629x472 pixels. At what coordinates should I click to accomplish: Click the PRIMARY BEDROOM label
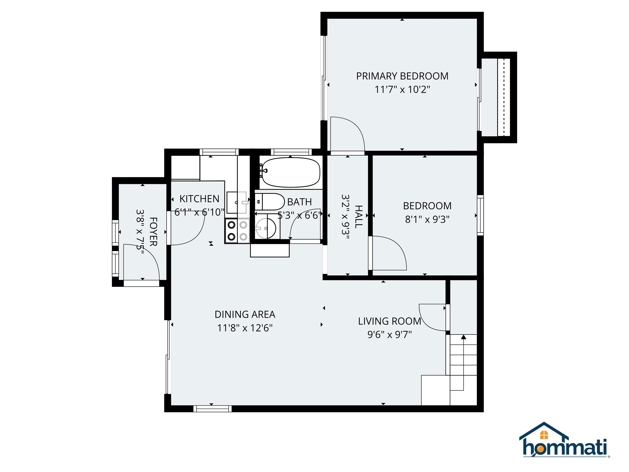click(x=402, y=76)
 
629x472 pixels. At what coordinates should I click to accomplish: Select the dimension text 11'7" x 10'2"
click(x=402, y=90)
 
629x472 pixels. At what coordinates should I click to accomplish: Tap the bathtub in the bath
click(x=291, y=172)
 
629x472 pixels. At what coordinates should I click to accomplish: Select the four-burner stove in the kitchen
click(x=237, y=231)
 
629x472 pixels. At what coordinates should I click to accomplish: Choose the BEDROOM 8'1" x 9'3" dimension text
click(x=427, y=219)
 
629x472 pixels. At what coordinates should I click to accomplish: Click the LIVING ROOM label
click(x=389, y=321)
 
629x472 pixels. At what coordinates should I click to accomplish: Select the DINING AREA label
click(x=245, y=314)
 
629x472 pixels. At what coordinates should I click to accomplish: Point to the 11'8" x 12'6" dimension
click(x=245, y=328)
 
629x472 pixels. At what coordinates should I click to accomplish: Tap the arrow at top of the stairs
click(x=464, y=337)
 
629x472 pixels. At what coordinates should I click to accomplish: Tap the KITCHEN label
click(x=199, y=199)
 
